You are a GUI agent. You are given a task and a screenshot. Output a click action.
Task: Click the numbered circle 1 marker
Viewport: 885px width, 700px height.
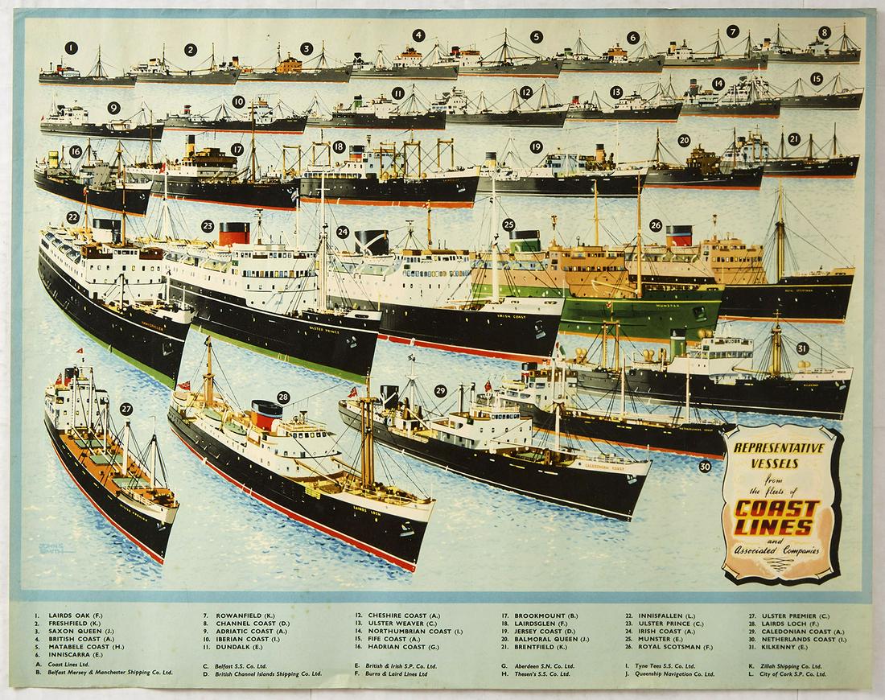click(72, 47)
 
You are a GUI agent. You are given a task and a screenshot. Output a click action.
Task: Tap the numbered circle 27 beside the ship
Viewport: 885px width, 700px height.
click(126, 409)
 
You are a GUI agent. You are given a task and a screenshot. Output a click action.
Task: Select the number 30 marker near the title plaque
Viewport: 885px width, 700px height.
click(706, 465)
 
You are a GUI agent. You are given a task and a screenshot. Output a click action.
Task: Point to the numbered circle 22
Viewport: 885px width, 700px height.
click(72, 216)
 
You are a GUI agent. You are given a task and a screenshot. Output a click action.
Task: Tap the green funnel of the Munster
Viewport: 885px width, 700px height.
click(527, 240)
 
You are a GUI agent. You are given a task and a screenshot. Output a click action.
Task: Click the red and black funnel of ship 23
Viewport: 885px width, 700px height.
click(234, 233)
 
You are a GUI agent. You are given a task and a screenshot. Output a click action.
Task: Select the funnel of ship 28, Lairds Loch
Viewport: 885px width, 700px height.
click(266, 415)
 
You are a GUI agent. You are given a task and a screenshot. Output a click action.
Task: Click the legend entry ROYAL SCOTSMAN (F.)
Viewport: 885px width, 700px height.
click(675, 646)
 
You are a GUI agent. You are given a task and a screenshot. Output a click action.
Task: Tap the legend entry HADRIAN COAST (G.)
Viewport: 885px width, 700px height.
click(403, 646)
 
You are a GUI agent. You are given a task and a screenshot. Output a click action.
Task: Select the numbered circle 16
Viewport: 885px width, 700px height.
click(76, 150)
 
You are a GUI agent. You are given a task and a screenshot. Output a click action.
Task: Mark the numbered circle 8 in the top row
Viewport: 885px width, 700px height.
click(825, 33)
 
